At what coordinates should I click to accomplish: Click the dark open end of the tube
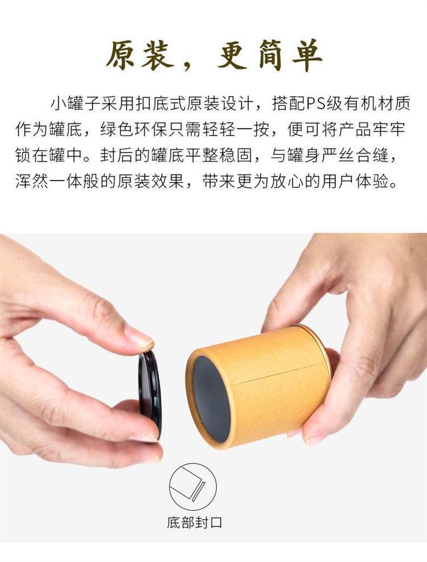pos(211,399)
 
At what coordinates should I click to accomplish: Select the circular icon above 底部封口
pos(193,488)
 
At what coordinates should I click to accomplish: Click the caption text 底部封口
pos(194,522)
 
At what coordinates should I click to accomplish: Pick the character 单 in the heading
pos(305,56)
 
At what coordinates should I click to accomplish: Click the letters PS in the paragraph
pos(315,104)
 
